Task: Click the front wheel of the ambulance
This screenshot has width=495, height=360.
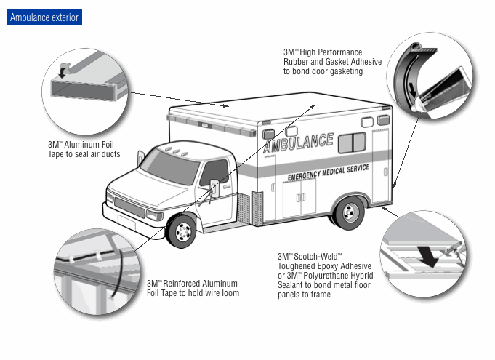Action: tap(182, 231)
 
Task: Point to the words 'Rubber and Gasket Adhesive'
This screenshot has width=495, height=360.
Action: tap(332, 62)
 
